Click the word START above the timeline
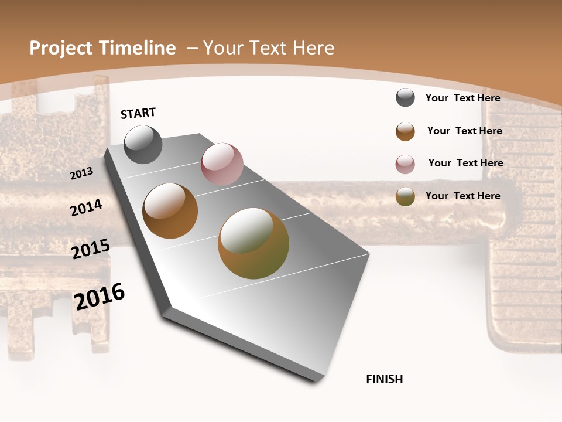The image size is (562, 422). [138, 113]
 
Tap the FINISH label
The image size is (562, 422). [385, 379]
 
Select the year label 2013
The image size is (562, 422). [82, 173]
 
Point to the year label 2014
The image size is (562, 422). [86, 208]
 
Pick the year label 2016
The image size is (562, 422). [100, 297]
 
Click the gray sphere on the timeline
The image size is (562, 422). [143, 145]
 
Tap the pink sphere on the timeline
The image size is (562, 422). [222, 164]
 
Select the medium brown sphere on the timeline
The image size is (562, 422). [170, 211]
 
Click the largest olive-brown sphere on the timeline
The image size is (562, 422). [253, 243]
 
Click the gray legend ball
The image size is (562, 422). [405, 98]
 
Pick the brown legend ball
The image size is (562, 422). [405, 131]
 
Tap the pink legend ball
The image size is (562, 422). [405, 164]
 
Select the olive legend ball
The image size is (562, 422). [405, 196]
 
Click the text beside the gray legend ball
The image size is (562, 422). [462, 98]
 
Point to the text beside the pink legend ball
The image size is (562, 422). [465, 163]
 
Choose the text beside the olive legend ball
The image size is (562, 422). [462, 196]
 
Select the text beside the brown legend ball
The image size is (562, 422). [464, 131]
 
